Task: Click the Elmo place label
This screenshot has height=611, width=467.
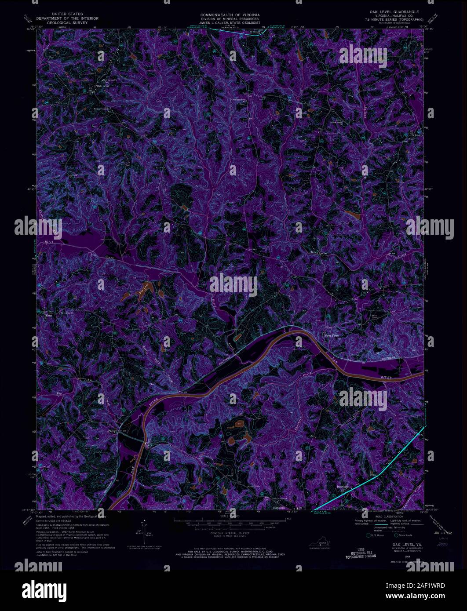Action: point(49,315)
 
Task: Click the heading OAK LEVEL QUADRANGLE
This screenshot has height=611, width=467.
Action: point(394,11)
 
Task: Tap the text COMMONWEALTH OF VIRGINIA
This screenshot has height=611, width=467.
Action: point(230,15)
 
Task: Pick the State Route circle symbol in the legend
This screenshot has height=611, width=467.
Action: point(396,535)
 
